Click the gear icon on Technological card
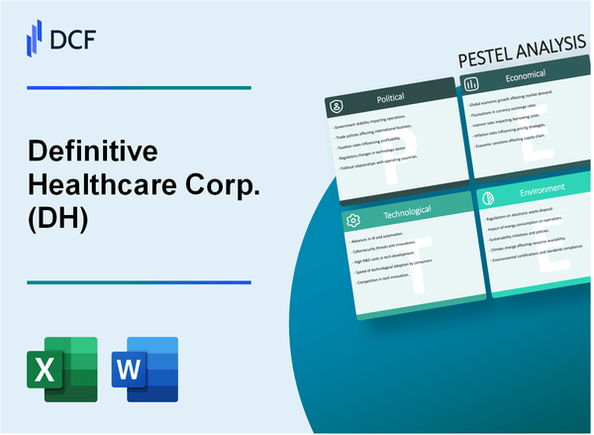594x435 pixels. [x=351, y=217]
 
